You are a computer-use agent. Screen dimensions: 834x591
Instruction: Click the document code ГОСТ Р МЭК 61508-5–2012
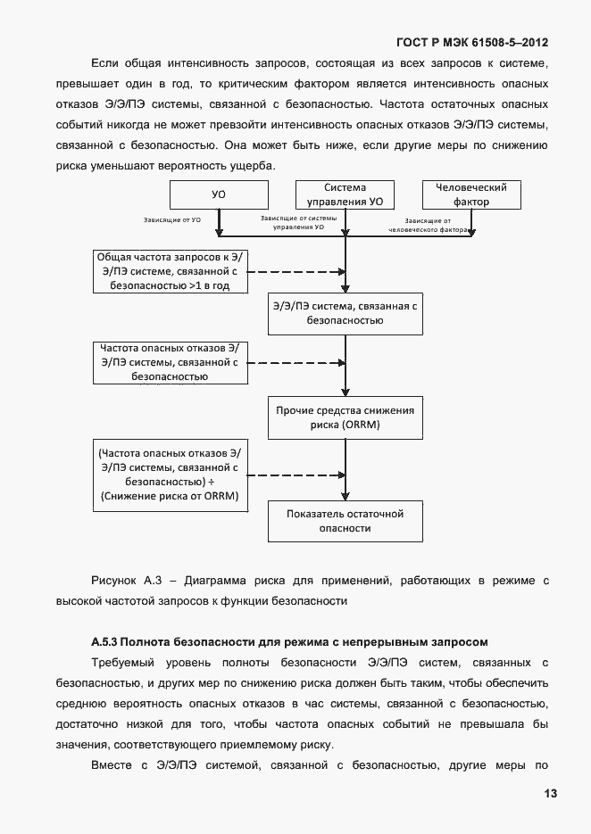coord(471,42)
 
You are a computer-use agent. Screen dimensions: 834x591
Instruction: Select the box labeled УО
coord(218,194)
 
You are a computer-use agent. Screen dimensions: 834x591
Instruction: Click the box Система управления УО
coord(345,194)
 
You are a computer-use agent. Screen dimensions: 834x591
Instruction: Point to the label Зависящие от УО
coord(171,219)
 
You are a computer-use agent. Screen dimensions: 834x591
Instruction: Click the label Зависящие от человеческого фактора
coord(429,225)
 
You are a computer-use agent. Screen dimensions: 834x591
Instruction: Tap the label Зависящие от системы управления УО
coord(298,223)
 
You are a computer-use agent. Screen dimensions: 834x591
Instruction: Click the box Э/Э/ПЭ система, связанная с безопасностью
coord(345,313)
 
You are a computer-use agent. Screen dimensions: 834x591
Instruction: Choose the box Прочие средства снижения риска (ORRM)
coord(345,417)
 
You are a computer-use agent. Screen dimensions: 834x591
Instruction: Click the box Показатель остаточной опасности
coord(345,521)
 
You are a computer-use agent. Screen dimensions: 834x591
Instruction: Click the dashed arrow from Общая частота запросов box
coord(295,271)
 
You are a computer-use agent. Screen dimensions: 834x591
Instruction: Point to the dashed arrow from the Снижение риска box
coord(295,475)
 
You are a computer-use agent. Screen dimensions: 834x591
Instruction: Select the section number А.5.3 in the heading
coord(104,642)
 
